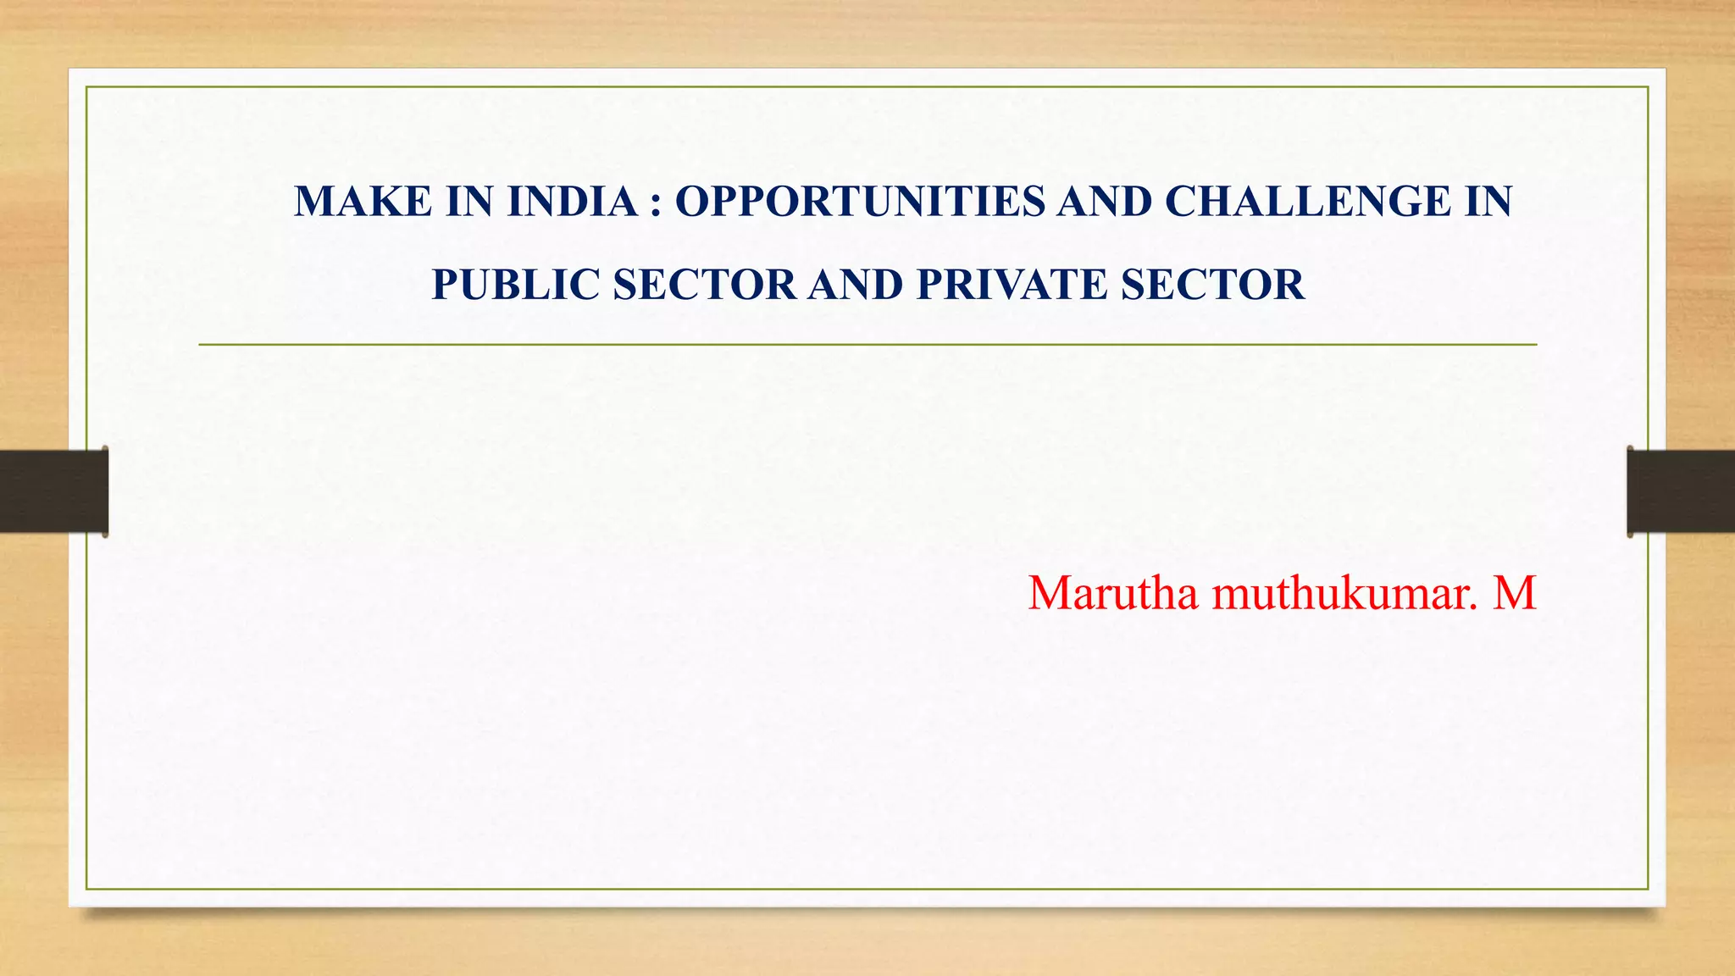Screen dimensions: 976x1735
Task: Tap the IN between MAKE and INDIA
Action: pyautogui.click(x=469, y=202)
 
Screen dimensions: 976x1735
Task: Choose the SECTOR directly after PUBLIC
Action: pyautogui.click(x=705, y=285)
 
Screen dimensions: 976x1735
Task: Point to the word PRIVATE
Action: pyautogui.click(x=1012, y=285)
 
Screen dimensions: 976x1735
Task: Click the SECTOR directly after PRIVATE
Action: pyautogui.click(x=1213, y=285)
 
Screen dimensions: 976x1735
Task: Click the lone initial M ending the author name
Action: pyautogui.click(x=1515, y=593)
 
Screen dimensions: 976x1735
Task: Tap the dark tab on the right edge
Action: pyautogui.click(x=1681, y=491)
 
